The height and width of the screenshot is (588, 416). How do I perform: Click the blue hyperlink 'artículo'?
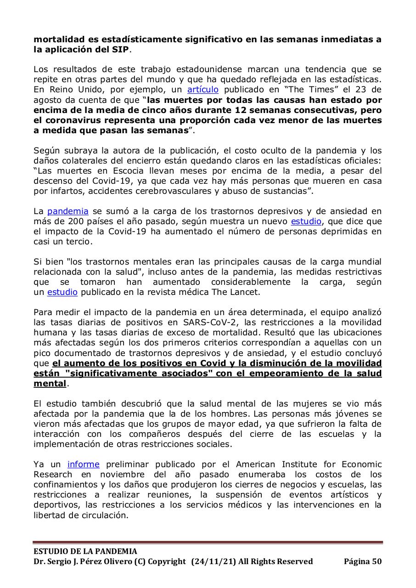point(202,90)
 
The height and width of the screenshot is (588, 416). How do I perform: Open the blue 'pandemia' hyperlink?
point(68,211)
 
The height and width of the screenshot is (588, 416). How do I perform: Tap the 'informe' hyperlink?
point(83,464)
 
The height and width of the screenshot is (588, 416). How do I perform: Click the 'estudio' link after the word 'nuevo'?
point(307,221)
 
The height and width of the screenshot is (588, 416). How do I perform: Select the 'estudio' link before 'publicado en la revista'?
point(62,292)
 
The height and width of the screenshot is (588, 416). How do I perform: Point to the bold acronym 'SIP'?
point(120,49)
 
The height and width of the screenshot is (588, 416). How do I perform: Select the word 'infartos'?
point(65,191)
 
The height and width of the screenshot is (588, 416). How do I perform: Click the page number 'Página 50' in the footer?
point(362,561)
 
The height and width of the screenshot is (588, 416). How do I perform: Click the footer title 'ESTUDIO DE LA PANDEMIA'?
point(85,551)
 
